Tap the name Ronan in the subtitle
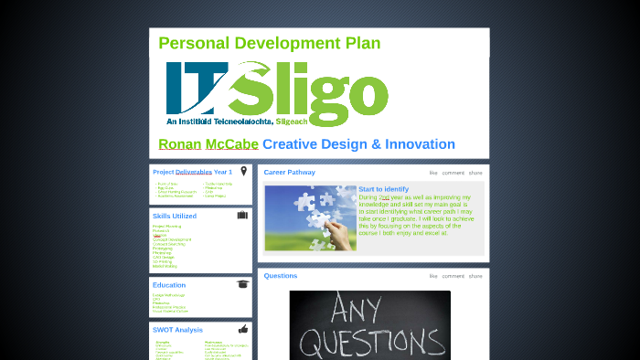point(180,144)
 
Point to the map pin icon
point(243,171)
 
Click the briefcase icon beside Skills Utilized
point(242,216)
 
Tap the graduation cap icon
point(242,284)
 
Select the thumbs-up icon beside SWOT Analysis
point(242,329)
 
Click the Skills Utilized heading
point(174,216)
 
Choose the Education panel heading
point(168,285)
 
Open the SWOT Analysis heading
point(177,329)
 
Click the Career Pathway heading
point(289,172)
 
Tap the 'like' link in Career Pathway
point(433,173)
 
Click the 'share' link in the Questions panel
point(475,276)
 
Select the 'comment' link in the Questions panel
point(453,276)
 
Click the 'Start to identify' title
point(383,189)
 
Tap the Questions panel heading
point(280,276)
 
